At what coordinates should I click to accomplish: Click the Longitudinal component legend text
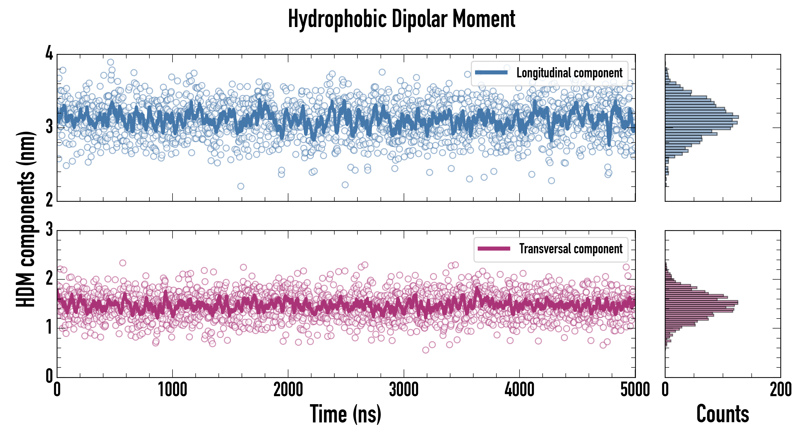(x=569, y=73)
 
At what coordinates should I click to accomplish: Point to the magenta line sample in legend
(x=494, y=249)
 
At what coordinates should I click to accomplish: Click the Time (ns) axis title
(x=345, y=414)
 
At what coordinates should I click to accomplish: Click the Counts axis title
(x=722, y=414)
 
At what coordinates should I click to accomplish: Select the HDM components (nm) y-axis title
(x=26, y=219)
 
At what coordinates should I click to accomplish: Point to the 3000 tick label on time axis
(x=404, y=390)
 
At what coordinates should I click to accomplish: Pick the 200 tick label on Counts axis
(x=780, y=390)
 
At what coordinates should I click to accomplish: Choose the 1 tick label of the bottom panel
(x=49, y=327)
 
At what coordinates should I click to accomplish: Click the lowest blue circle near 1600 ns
(x=241, y=186)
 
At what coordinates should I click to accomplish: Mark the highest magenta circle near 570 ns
(x=123, y=263)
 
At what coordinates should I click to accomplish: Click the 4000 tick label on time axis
(x=519, y=390)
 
